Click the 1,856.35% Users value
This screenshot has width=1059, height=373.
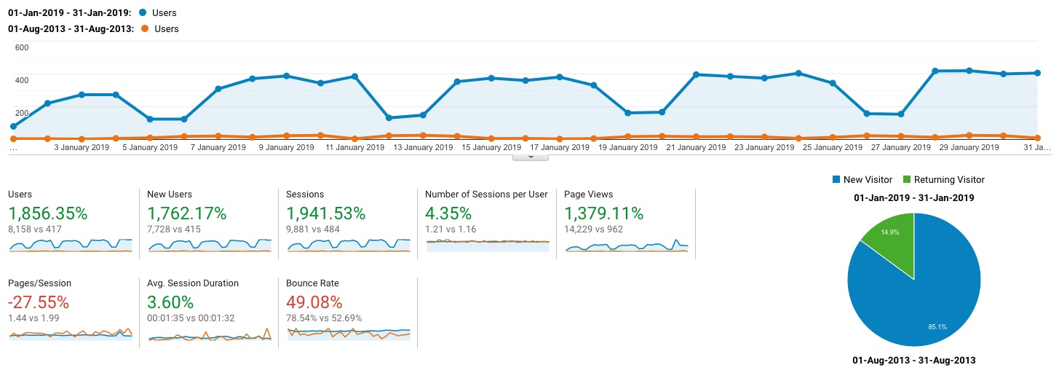(47, 213)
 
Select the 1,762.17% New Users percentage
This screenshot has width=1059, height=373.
(186, 213)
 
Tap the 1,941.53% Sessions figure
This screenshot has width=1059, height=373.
(326, 213)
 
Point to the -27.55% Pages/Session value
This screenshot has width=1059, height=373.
(39, 302)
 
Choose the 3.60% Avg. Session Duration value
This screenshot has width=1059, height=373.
(170, 302)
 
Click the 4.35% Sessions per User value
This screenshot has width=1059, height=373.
(448, 213)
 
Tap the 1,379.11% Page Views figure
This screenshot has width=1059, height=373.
(604, 213)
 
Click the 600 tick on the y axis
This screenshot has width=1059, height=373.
(21, 48)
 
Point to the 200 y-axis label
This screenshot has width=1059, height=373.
(21, 113)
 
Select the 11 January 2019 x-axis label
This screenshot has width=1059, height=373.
(354, 147)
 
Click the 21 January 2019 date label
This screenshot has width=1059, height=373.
(697, 147)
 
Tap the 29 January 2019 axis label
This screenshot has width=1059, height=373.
(969, 147)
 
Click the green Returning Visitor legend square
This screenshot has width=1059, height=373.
(907, 179)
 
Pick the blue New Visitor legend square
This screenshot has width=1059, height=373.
(836, 179)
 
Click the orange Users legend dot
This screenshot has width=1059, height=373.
(145, 28)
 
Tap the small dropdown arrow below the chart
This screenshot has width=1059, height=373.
(531, 157)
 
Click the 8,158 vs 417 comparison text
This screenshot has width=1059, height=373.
(34, 229)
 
